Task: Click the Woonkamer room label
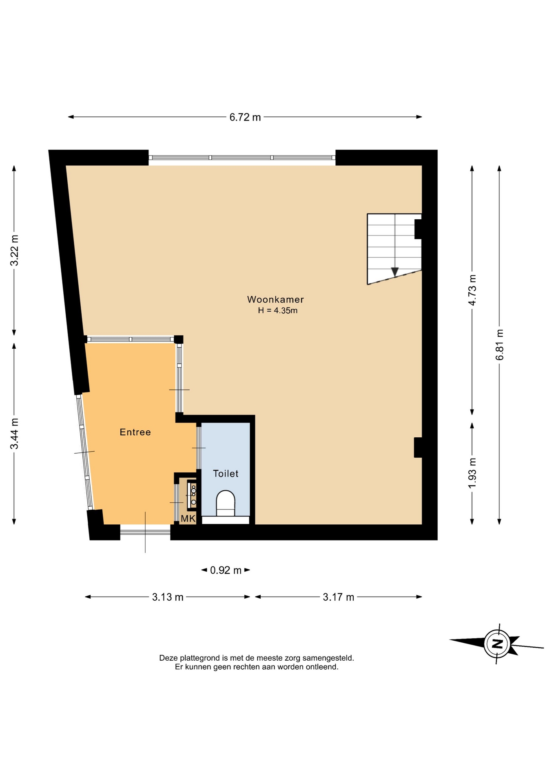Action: click(x=275, y=299)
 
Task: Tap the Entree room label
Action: click(x=135, y=432)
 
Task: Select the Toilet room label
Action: click(x=226, y=473)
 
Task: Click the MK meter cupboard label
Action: click(x=188, y=519)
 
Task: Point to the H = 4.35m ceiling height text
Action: click(x=277, y=310)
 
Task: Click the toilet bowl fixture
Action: click(x=226, y=503)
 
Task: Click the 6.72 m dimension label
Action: click(x=245, y=117)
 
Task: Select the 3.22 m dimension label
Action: click(x=14, y=250)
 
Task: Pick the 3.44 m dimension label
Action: click(x=14, y=434)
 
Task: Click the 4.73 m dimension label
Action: click(x=472, y=290)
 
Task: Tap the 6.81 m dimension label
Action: click(x=499, y=345)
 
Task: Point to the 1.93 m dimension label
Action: click(x=472, y=473)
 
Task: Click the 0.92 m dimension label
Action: click(x=226, y=570)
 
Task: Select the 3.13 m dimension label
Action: click(x=168, y=597)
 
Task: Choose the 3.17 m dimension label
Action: click(x=338, y=597)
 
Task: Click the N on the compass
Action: click(x=497, y=644)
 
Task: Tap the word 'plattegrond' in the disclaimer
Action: click(x=200, y=658)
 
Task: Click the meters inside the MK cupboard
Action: click(x=192, y=495)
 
